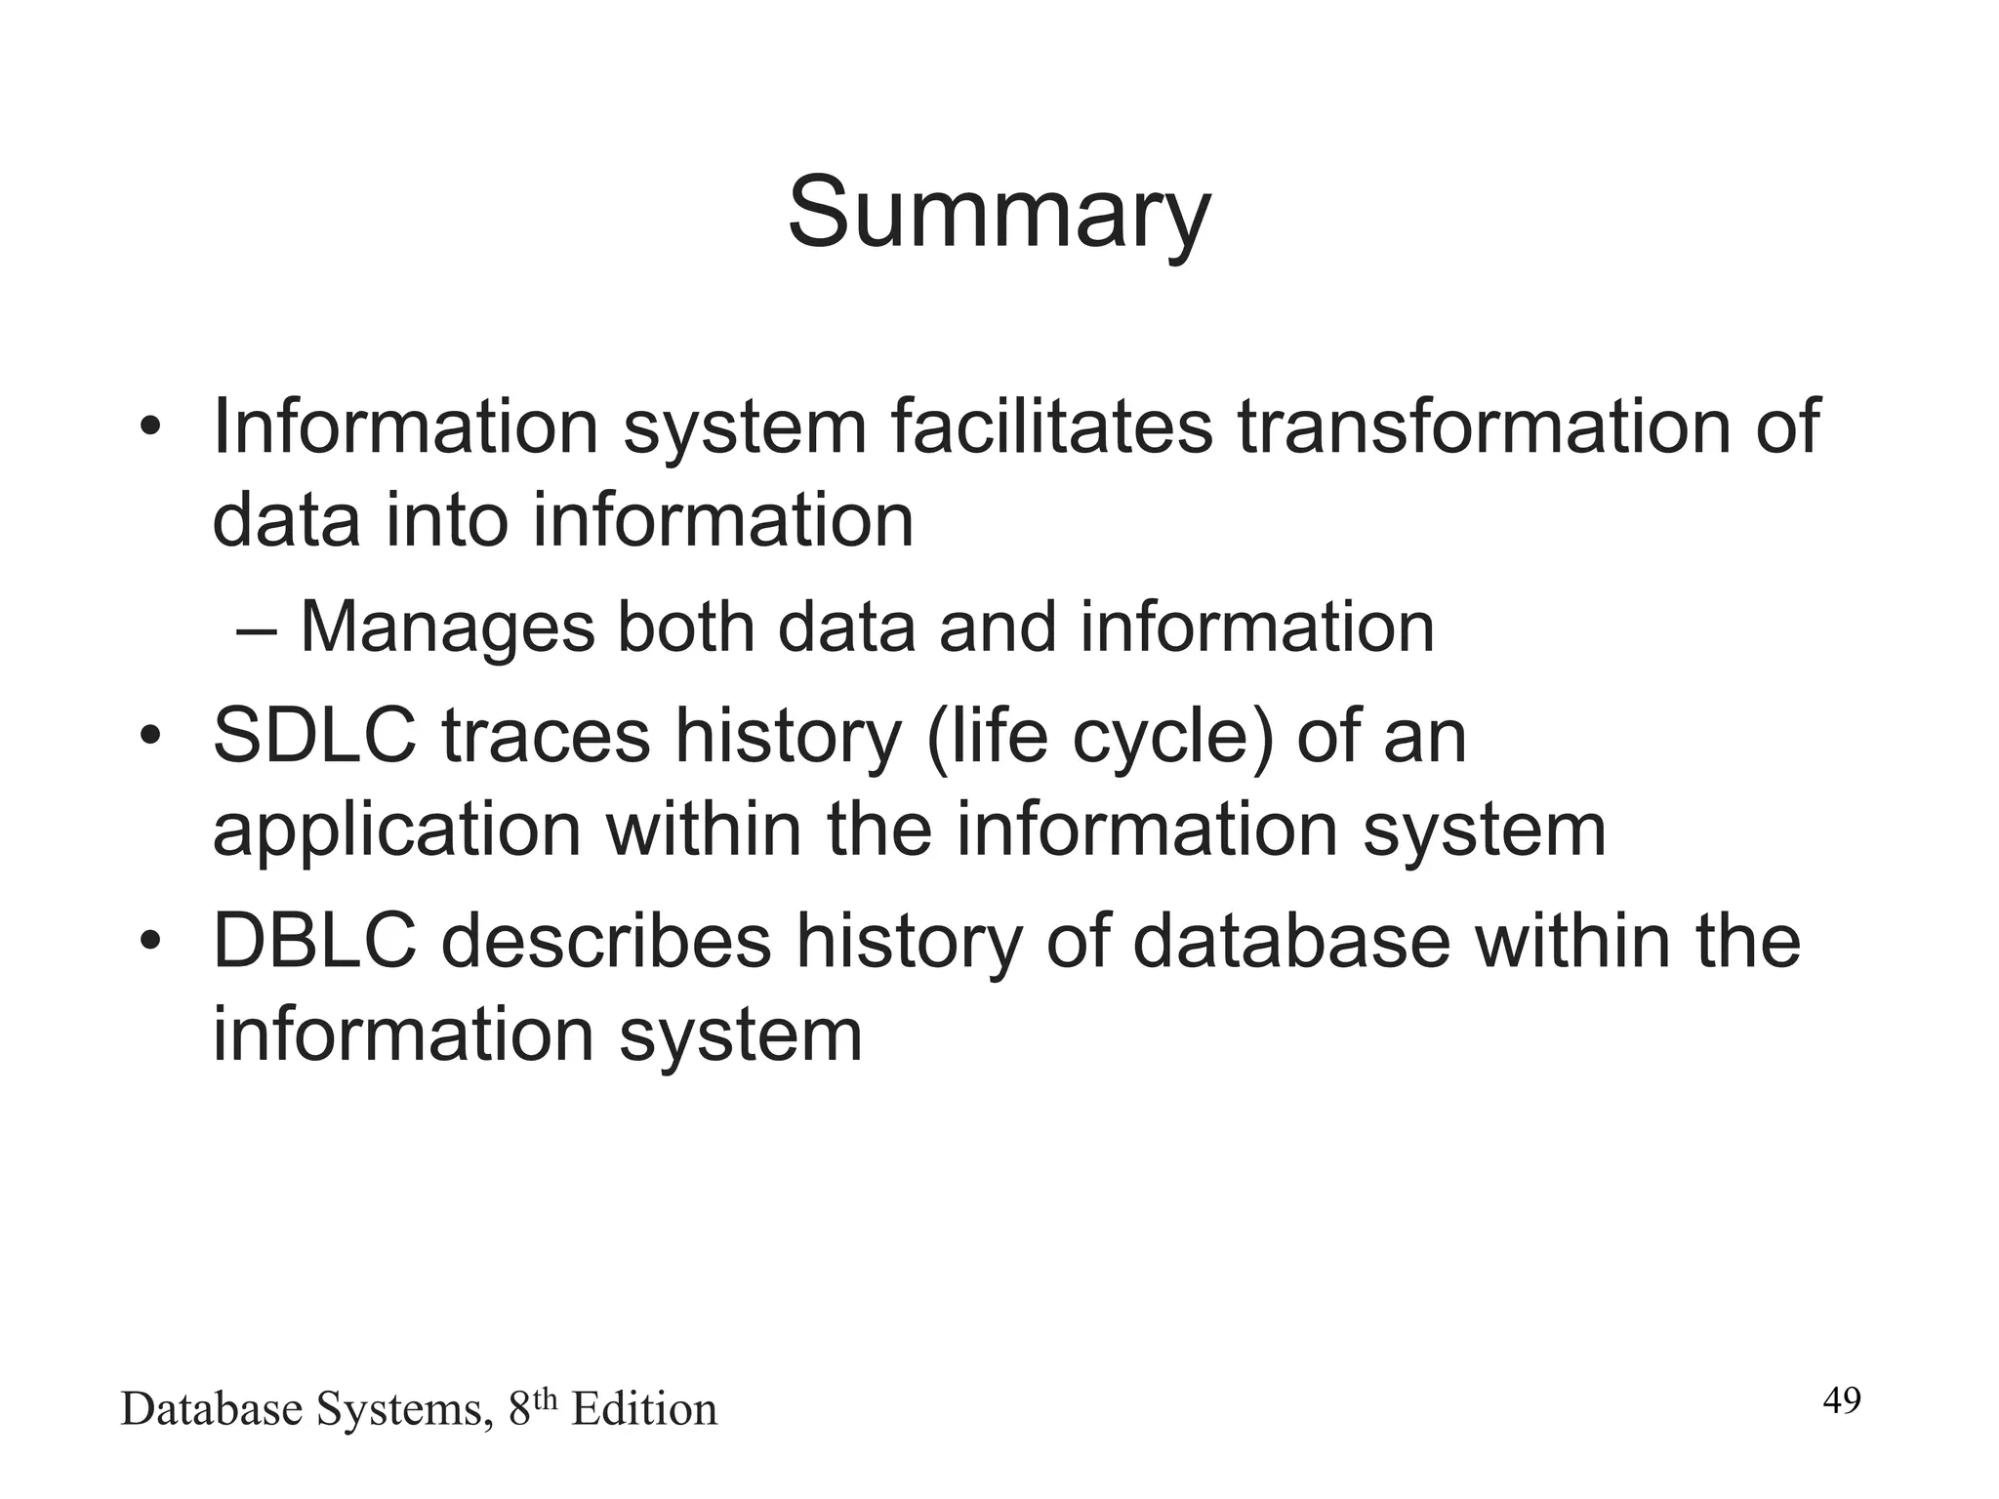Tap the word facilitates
1051,426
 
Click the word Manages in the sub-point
447,627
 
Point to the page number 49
1842,1400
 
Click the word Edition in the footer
644,1410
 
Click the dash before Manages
257,629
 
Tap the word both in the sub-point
686,627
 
